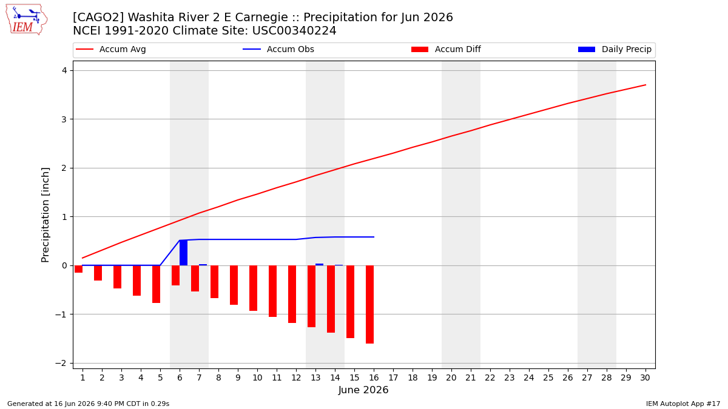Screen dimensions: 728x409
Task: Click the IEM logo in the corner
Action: click(27, 20)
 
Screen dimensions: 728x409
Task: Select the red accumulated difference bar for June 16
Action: click(370, 304)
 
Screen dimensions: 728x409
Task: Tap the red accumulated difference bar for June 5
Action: click(157, 284)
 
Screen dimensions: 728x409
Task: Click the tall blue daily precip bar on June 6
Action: click(184, 253)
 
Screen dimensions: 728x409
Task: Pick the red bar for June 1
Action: click(79, 269)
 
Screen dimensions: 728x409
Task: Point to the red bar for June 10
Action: click(254, 288)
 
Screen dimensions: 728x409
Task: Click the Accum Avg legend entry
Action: click(111, 49)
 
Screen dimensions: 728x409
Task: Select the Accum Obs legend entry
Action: click(278, 49)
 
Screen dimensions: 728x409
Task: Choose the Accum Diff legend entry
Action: click(446, 49)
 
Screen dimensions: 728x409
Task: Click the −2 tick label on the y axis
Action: click(61, 363)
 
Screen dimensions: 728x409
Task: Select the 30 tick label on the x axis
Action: click(645, 377)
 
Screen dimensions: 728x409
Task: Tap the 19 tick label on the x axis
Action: click(432, 377)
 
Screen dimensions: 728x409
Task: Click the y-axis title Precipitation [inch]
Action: click(45, 215)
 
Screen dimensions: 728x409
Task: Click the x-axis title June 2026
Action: click(363, 390)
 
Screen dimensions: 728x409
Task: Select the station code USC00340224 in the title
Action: click(294, 30)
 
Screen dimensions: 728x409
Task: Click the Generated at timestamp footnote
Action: click(88, 404)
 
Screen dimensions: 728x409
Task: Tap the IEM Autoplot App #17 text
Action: click(683, 404)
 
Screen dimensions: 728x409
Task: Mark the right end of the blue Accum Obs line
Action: click(374, 237)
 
